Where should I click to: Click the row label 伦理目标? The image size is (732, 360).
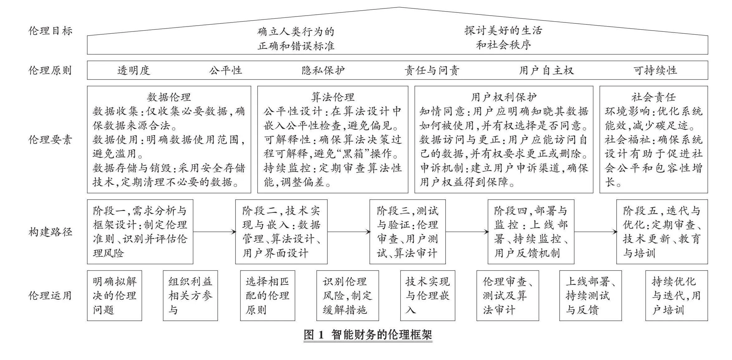(51, 31)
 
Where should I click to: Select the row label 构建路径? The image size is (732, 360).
(51, 232)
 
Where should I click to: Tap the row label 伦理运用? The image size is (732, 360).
(51, 295)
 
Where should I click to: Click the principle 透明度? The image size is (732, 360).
(134, 70)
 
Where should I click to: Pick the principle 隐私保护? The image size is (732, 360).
(323, 70)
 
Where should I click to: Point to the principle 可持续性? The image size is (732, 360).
(655, 70)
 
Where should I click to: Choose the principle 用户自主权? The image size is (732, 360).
(546, 70)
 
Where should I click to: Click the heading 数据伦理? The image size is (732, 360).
(169, 97)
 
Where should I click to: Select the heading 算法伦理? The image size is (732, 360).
(333, 97)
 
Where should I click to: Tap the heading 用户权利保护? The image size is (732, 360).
(504, 97)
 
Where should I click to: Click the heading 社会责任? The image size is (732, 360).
(654, 97)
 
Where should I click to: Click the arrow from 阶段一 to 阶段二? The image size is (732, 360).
(214, 232)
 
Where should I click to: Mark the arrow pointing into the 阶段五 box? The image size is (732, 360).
(595, 232)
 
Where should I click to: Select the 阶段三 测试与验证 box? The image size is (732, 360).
(407, 232)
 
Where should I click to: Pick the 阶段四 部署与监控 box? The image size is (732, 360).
(531, 232)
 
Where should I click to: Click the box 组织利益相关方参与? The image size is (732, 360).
(190, 295)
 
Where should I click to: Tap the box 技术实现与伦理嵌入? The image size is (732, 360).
(427, 295)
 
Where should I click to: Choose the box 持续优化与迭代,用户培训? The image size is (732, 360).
(677, 295)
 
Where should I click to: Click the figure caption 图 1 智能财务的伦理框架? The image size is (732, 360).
(368, 335)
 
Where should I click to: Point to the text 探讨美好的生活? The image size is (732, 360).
(503, 30)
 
